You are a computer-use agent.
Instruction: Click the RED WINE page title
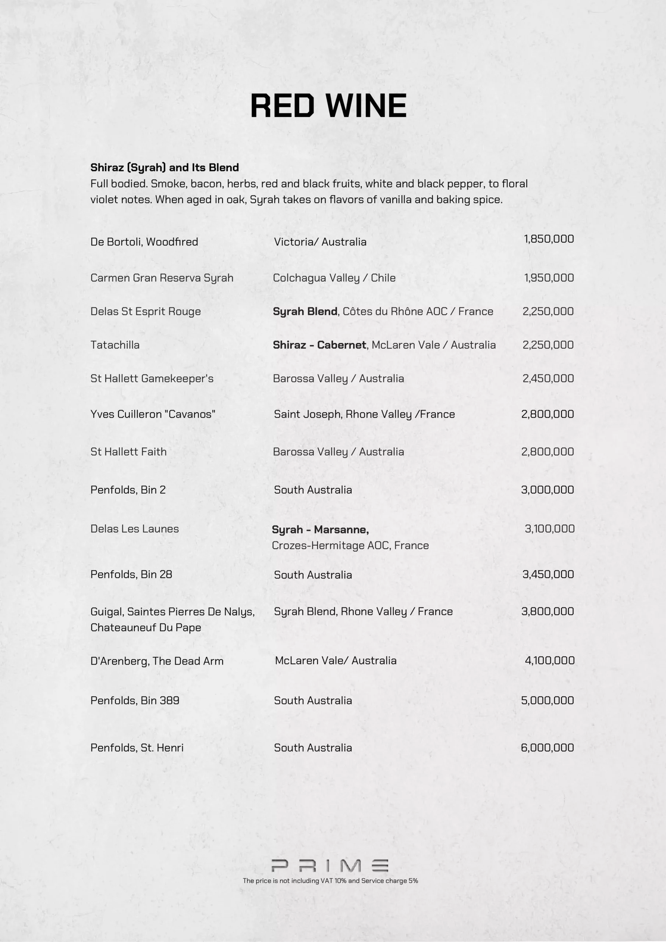(x=328, y=106)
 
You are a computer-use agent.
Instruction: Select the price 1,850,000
(x=549, y=239)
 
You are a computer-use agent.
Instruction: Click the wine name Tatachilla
(x=115, y=345)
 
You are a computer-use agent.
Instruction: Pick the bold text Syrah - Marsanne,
(x=320, y=529)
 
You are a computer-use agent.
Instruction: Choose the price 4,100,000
(x=549, y=660)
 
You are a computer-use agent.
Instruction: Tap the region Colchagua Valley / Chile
(x=334, y=278)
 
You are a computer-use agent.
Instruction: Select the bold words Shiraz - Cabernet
(x=319, y=345)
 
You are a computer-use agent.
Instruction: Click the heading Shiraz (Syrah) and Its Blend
(x=164, y=167)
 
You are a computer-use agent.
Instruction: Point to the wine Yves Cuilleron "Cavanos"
(x=153, y=414)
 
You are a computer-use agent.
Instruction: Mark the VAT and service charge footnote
(x=330, y=881)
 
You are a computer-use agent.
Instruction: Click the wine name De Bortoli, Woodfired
(x=144, y=242)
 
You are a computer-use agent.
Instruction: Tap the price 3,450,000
(x=548, y=574)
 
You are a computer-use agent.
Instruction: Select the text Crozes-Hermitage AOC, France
(x=350, y=545)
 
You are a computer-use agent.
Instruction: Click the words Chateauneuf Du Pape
(x=146, y=627)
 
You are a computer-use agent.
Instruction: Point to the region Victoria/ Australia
(x=320, y=242)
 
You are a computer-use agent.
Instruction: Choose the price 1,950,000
(x=549, y=278)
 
